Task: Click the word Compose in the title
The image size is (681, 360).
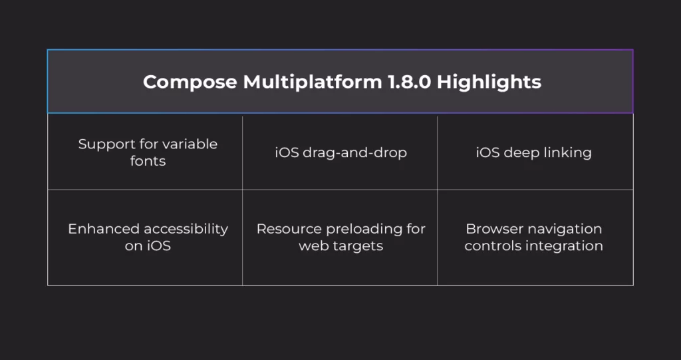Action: (190, 83)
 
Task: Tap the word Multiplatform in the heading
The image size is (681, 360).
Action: (313, 83)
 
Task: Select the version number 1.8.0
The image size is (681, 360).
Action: (409, 82)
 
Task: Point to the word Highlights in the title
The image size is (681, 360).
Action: (489, 83)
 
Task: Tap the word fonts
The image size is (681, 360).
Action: (148, 161)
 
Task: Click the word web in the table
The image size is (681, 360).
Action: (314, 246)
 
